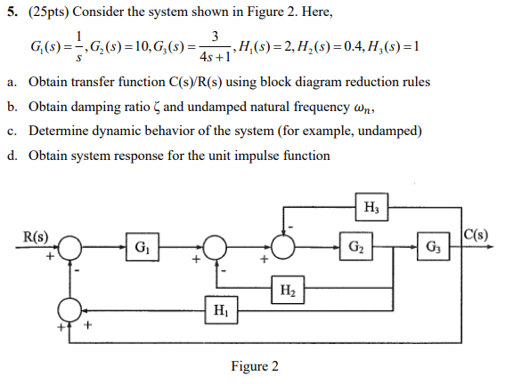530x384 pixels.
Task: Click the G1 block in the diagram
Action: coord(142,245)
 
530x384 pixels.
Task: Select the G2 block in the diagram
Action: coord(355,245)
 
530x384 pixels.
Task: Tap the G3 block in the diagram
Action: coord(433,245)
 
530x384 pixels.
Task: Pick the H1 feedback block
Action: coord(220,310)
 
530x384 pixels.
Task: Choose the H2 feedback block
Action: coord(287,289)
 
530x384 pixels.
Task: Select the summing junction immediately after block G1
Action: coord(215,246)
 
